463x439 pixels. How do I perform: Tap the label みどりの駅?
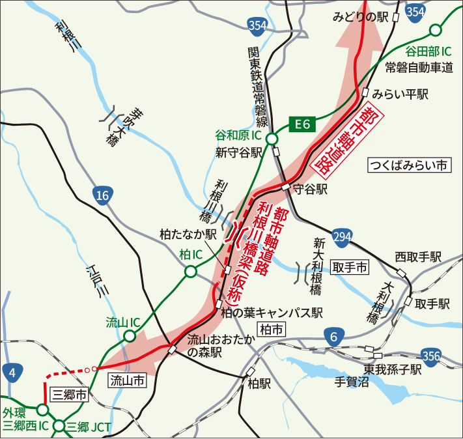[360, 17]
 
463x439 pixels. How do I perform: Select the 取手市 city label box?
[350, 266]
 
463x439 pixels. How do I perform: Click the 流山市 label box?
[126, 380]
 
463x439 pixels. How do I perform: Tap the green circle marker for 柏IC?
[190, 272]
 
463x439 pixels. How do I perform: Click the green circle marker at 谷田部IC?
[435, 30]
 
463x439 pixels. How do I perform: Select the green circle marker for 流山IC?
[130, 336]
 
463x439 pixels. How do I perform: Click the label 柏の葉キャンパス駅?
[272, 313]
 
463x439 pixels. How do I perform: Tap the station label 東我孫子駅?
[393, 369]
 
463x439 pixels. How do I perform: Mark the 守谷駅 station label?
[309, 190]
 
